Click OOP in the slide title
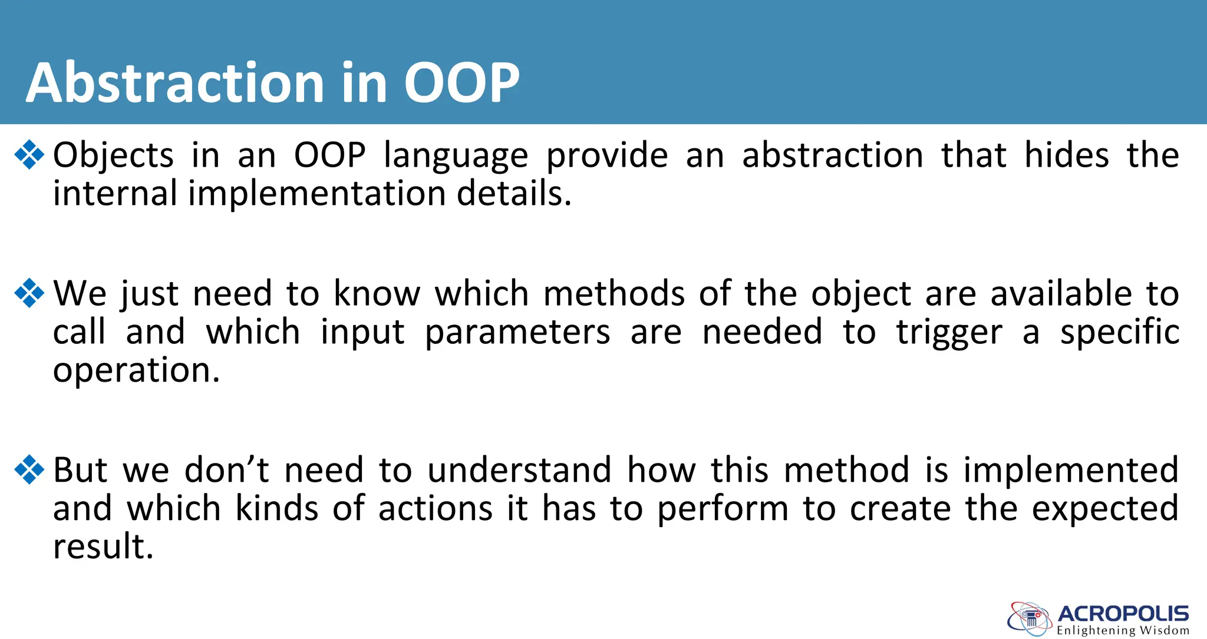[x=461, y=83]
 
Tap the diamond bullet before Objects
[x=29, y=155]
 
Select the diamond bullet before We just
[x=29, y=293]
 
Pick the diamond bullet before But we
[x=29, y=469]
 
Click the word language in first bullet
[x=456, y=157]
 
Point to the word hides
[x=1067, y=155]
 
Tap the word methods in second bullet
[x=614, y=293]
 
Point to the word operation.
[x=136, y=371]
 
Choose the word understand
[x=519, y=470]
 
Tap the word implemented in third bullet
[x=1071, y=471]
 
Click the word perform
[x=723, y=509]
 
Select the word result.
[x=103, y=546]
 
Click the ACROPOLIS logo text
[x=1123, y=614]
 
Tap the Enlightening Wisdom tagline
[x=1123, y=631]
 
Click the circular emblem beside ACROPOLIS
[x=1030, y=619]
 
